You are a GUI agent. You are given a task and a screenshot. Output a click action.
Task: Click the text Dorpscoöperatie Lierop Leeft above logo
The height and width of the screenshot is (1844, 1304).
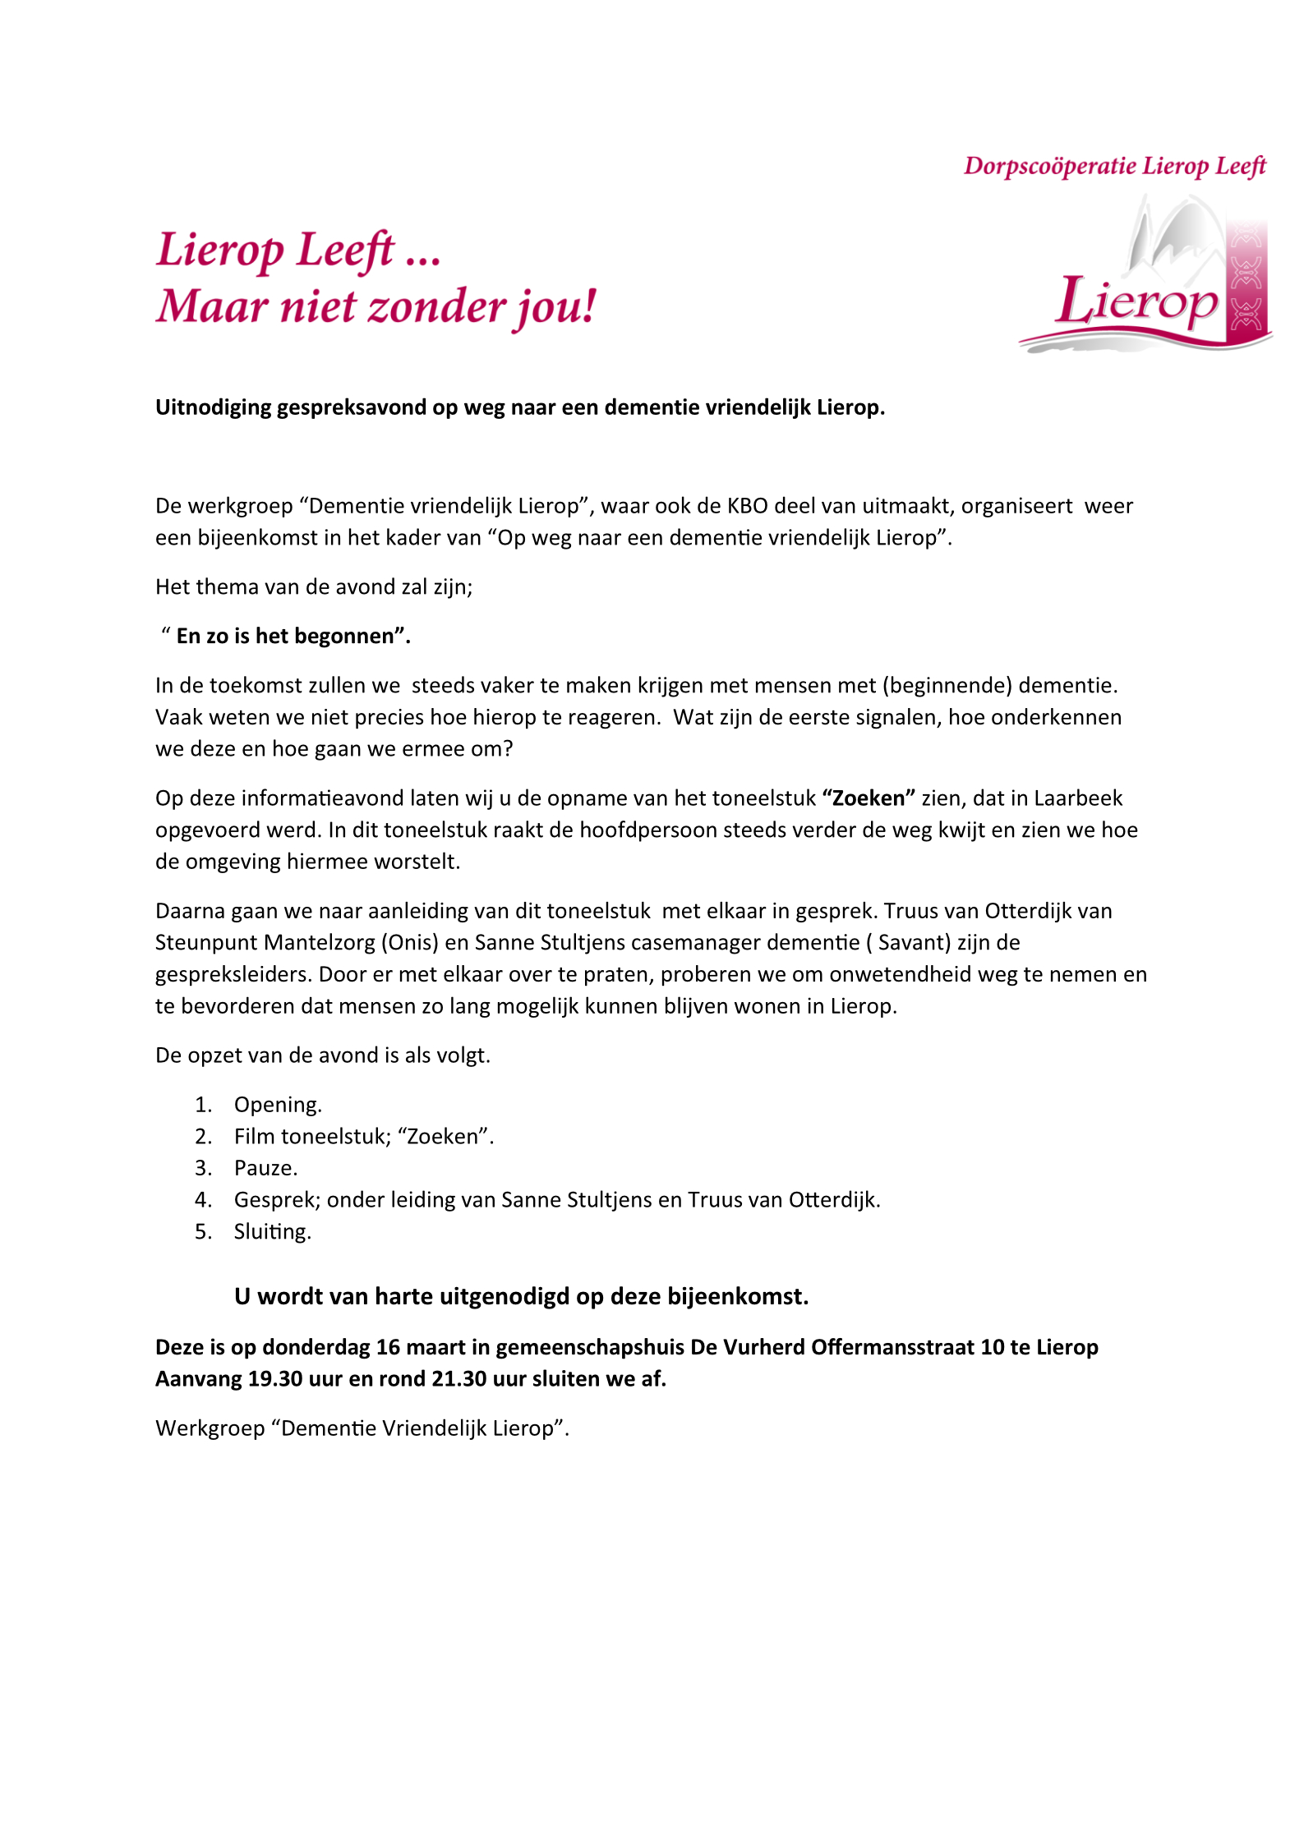(x=1114, y=166)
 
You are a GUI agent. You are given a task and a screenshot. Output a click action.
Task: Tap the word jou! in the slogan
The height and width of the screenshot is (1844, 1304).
(x=556, y=307)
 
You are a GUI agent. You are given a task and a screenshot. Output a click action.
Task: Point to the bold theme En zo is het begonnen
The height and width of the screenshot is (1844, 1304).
(x=293, y=636)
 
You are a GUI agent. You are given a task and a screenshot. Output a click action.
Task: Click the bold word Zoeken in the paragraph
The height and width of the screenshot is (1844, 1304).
(x=869, y=798)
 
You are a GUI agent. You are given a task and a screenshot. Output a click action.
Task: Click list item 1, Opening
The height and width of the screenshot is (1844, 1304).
(x=278, y=1105)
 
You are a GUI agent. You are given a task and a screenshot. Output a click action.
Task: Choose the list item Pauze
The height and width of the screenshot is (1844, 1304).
(x=265, y=1168)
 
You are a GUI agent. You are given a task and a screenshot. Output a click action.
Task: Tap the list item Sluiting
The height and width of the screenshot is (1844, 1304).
(x=272, y=1231)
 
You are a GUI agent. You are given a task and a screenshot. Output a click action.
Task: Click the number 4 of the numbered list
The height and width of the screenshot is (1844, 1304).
(x=202, y=1200)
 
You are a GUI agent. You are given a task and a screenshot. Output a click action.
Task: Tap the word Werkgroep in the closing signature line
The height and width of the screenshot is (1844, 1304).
(x=210, y=1428)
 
